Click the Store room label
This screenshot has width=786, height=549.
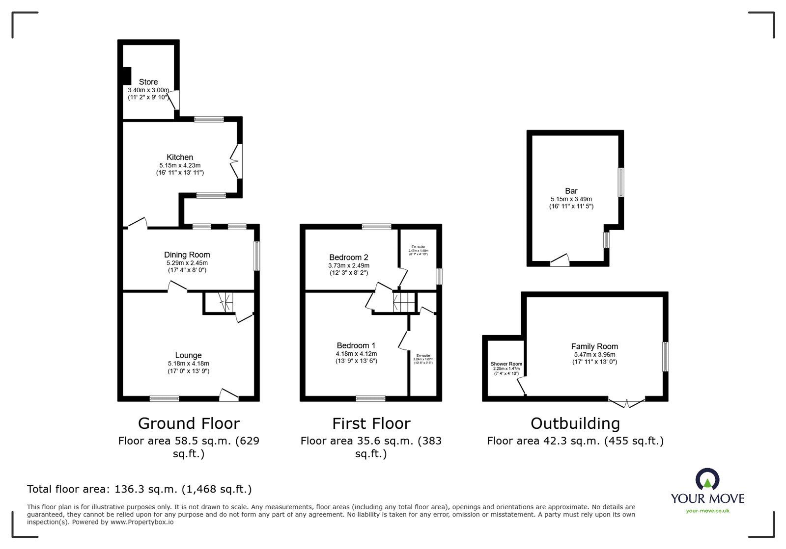click(x=148, y=82)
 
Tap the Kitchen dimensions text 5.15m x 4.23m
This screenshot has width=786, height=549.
click(x=180, y=165)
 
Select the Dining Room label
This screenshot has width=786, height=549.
click(x=187, y=255)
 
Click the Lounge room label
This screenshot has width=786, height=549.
click(x=188, y=355)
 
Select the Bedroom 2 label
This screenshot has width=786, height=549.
click(x=348, y=257)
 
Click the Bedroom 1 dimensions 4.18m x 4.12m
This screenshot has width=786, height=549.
click(x=356, y=353)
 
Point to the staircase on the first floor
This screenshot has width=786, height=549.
click(x=403, y=302)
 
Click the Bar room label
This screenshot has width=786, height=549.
click(x=571, y=191)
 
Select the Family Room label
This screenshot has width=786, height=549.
click(x=594, y=346)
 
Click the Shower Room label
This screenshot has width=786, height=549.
click(x=506, y=364)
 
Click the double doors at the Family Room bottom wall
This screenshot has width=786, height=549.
click(x=627, y=403)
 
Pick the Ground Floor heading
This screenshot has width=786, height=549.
click(x=189, y=423)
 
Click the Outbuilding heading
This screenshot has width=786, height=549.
click(x=575, y=423)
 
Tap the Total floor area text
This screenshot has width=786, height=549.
click(x=139, y=489)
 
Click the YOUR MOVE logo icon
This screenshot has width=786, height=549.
click(x=707, y=479)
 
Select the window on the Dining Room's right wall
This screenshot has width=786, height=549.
click(x=257, y=256)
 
